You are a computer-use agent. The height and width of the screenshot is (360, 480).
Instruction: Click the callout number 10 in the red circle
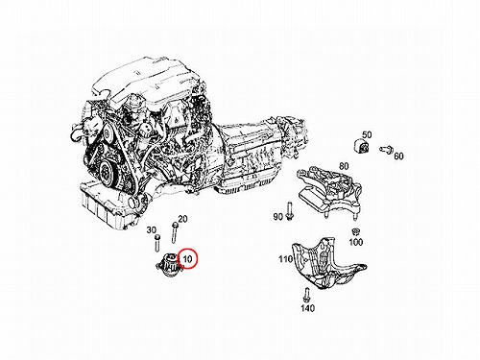pos(187,258)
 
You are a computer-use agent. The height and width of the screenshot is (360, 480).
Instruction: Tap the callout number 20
pos(182,219)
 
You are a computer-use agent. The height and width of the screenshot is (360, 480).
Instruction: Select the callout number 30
pos(152,229)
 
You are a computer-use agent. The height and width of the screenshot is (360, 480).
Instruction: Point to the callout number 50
pos(367,134)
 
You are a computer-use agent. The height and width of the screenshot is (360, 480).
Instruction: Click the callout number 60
pos(398,156)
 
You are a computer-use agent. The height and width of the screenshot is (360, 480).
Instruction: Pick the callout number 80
pos(344,166)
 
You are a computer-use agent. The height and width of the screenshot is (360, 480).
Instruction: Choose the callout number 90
pos(278,217)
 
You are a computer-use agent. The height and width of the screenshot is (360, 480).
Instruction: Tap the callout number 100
pos(355,242)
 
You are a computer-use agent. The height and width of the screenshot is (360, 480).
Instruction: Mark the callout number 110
pos(285,258)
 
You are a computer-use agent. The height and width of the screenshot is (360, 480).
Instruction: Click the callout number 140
pos(307,308)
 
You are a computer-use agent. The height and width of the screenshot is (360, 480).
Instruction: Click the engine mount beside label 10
pos(168,266)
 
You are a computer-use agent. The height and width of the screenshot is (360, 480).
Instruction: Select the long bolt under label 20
pos(175,233)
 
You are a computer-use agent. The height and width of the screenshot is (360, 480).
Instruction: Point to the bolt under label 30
pos(157,244)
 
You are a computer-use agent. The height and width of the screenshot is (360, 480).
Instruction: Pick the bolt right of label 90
pos(289,211)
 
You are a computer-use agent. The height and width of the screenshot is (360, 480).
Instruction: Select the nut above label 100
pos(354,231)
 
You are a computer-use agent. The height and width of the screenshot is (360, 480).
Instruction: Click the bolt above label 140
pos(307,295)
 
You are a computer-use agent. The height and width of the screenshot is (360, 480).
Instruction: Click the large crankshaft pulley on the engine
pos(106,175)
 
